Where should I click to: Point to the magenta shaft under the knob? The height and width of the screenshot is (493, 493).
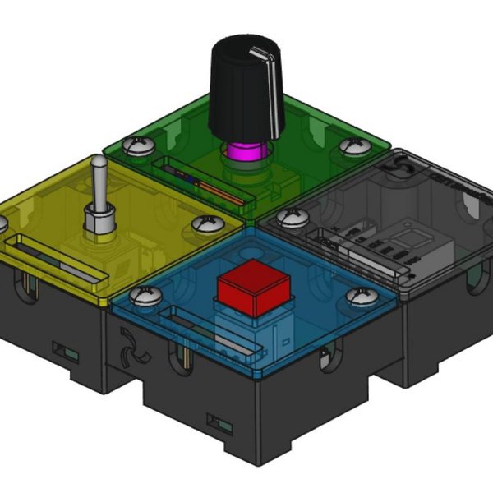pyautogui.click(x=245, y=152)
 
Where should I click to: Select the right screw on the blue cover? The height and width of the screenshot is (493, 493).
pyautogui.click(x=359, y=297)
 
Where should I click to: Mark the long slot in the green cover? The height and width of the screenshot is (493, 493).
pyautogui.click(x=203, y=180)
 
